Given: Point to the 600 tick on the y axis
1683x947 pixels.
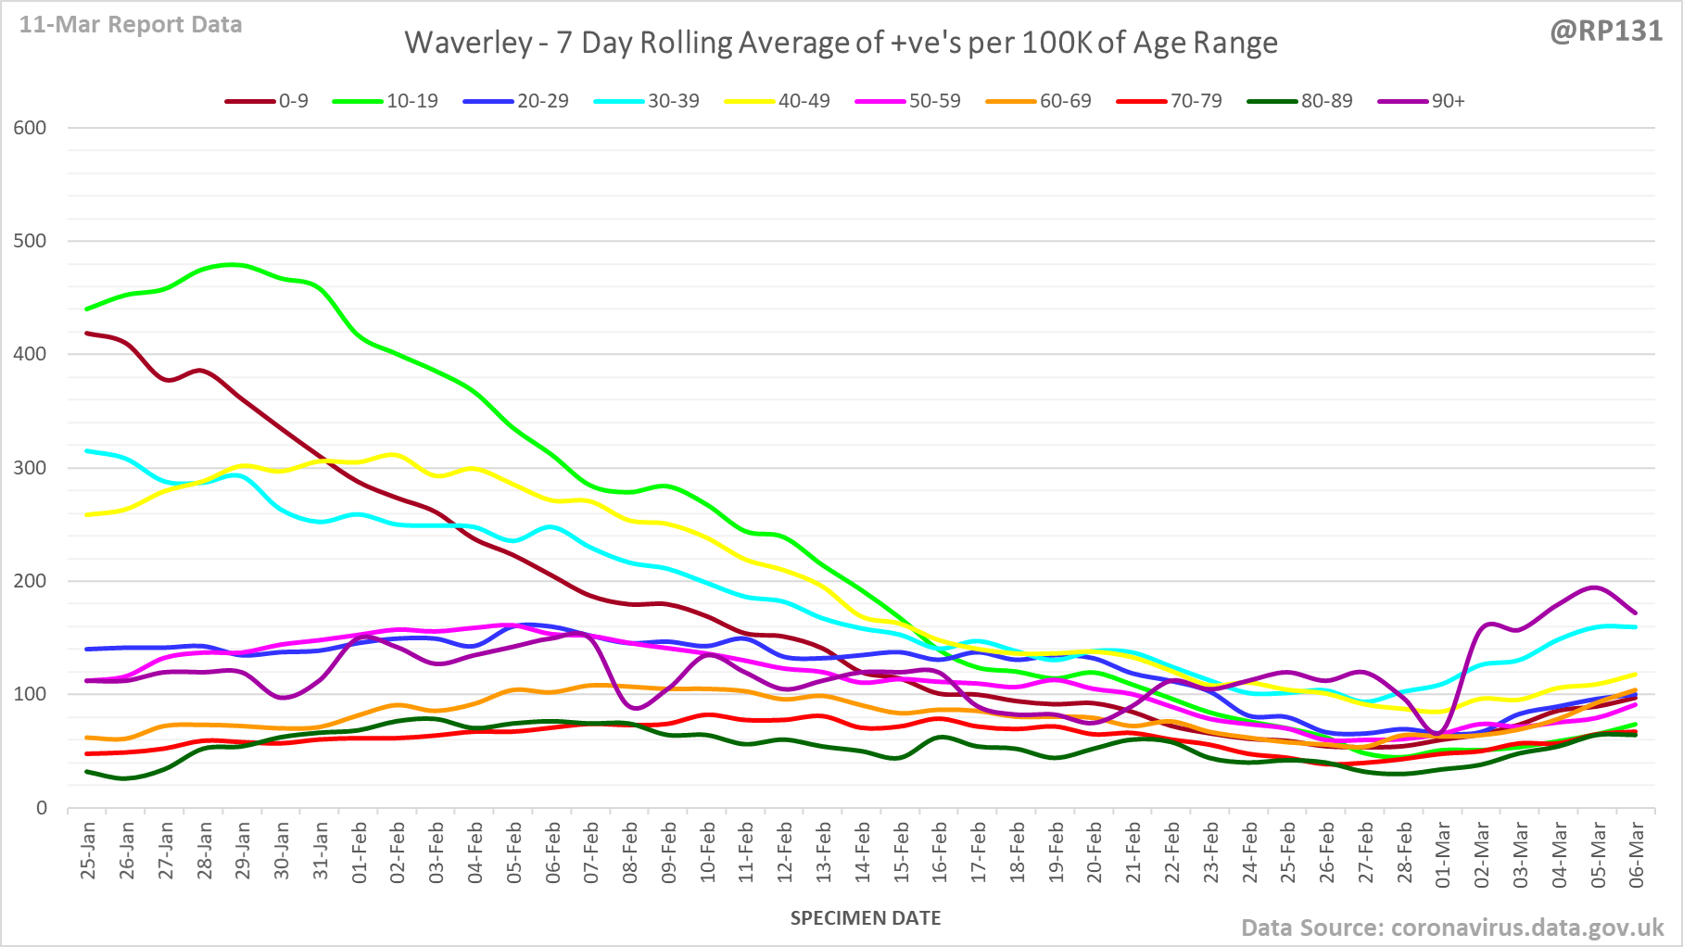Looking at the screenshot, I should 30,128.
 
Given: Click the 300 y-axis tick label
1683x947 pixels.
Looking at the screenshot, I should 30,468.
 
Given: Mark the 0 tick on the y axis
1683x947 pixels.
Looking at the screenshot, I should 41,808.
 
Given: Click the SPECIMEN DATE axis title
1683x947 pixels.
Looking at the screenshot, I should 866,918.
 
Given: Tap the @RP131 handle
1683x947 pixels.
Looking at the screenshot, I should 1606,31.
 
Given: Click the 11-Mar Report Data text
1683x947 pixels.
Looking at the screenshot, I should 131,25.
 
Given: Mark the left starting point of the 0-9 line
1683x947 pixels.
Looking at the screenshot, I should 87,333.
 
